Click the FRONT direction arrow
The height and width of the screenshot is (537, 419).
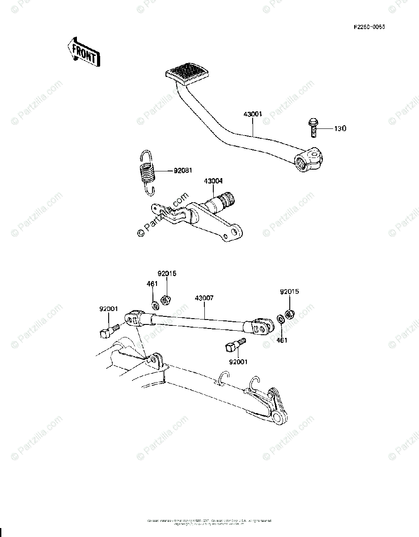pyautogui.click(x=83, y=53)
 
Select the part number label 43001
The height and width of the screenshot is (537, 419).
pyautogui.click(x=253, y=115)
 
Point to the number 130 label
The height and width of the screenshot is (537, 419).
pyautogui.click(x=340, y=129)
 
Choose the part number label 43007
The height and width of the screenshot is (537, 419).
pyautogui.click(x=204, y=298)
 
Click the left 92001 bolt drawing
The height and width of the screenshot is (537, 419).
pyautogui.click(x=107, y=331)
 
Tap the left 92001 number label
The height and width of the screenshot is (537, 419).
pyautogui.click(x=109, y=308)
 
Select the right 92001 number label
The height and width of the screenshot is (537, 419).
pyautogui.click(x=237, y=362)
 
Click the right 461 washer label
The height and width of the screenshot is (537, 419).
pyautogui.click(x=282, y=340)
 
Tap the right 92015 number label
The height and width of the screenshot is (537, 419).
pyautogui.click(x=289, y=291)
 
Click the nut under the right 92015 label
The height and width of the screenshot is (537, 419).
pyautogui.click(x=289, y=314)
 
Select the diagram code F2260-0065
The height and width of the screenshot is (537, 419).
pyautogui.click(x=369, y=27)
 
